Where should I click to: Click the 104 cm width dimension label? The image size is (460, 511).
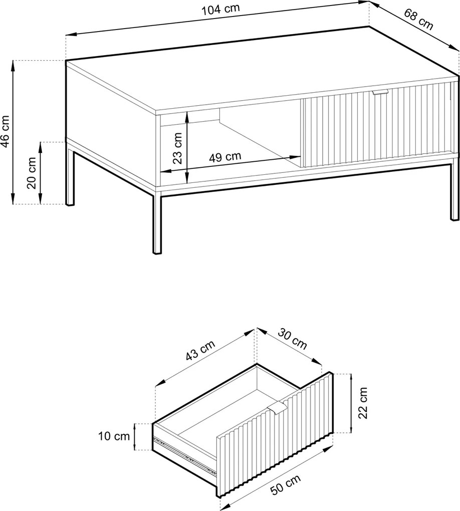(220, 9)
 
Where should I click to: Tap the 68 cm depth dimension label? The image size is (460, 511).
(418, 19)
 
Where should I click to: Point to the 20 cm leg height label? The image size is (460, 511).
(32, 173)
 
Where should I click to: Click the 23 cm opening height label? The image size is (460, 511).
(177, 148)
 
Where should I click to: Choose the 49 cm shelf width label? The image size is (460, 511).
(225, 157)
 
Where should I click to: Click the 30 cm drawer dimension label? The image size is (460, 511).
(292, 339)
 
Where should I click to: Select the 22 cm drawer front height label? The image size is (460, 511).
(362, 403)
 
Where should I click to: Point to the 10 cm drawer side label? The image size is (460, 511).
(114, 436)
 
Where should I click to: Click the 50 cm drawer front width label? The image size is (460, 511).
(286, 485)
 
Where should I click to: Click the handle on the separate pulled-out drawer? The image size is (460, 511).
(277, 408)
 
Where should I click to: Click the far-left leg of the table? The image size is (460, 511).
(70, 178)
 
